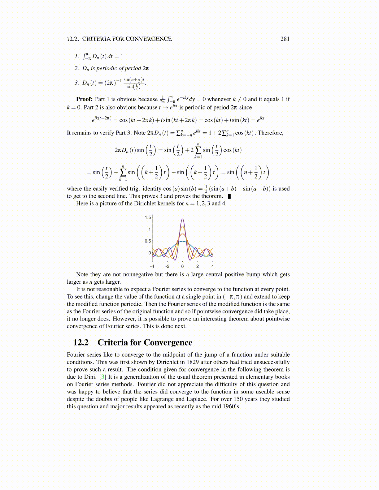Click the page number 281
(x=285, y=39)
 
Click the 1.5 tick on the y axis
(x=148, y=217)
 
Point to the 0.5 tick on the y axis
(x=148, y=241)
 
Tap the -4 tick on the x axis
(x=152, y=266)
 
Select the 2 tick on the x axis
(x=198, y=266)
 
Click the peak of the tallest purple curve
(x=182, y=219)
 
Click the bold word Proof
(x=84, y=99)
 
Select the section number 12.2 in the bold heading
(x=81, y=342)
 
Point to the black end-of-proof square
(x=229, y=196)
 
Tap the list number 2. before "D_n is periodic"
(x=76, y=68)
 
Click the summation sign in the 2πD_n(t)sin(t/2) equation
(x=198, y=150)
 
